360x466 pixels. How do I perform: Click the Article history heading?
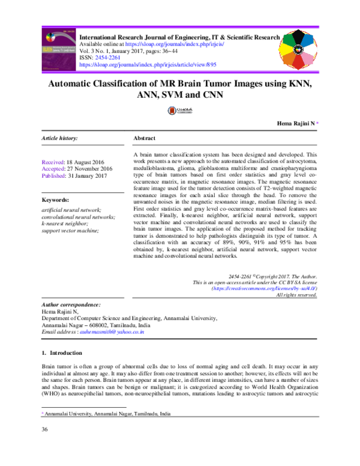(59, 138)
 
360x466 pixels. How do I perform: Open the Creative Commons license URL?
(265, 288)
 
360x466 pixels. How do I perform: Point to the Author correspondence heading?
(71, 305)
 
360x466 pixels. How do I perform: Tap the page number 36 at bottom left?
(44, 446)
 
